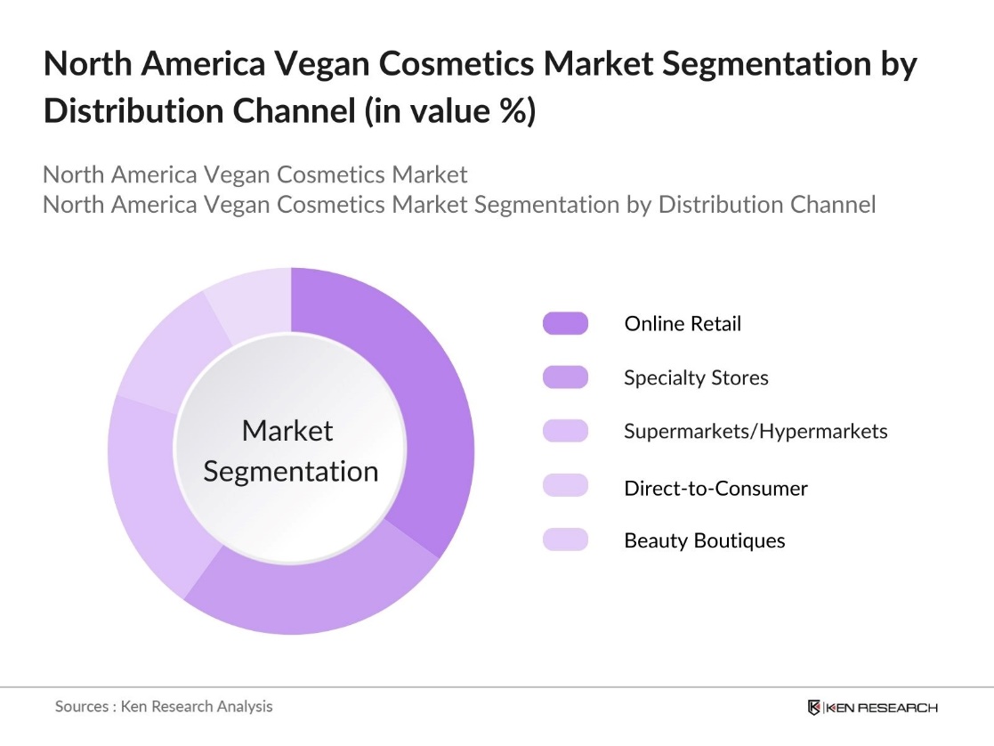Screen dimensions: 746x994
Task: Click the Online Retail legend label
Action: click(682, 324)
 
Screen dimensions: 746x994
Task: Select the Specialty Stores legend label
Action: click(695, 377)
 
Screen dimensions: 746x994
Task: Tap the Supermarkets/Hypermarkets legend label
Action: click(756, 432)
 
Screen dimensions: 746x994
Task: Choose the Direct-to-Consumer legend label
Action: click(715, 488)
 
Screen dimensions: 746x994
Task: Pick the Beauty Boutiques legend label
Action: click(704, 540)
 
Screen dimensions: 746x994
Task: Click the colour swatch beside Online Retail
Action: click(565, 323)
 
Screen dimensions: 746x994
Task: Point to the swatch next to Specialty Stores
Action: click(565, 377)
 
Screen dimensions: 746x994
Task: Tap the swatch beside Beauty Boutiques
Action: click(565, 539)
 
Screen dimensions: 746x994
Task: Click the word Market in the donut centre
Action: click(287, 431)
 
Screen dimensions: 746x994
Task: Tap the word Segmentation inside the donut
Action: click(290, 471)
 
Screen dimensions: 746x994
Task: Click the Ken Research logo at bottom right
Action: click(872, 708)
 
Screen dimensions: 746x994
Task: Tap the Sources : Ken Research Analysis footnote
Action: click(164, 707)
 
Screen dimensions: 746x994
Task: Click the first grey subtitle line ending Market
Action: click(255, 174)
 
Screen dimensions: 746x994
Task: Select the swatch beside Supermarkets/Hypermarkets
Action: click(565, 432)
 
